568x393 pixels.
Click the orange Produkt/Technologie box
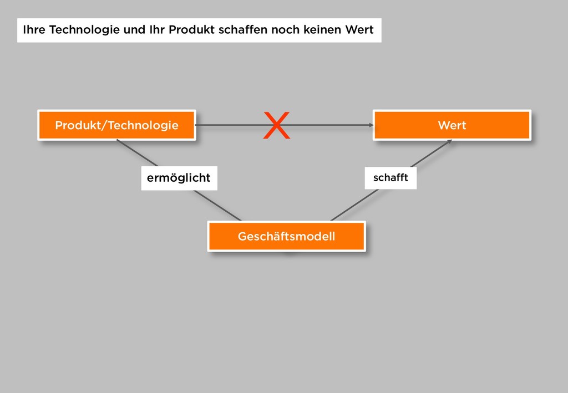(116, 125)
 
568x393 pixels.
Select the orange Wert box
(452, 125)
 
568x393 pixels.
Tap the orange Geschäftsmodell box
(286, 237)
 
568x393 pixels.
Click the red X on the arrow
(276, 125)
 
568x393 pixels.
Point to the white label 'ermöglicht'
(179, 178)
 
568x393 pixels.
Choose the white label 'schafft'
(390, 177)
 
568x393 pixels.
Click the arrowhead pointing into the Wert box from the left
(371, 125)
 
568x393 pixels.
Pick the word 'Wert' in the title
(359, 30)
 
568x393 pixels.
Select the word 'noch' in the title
(285, 30)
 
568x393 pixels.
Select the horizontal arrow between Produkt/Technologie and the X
(227, 125)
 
